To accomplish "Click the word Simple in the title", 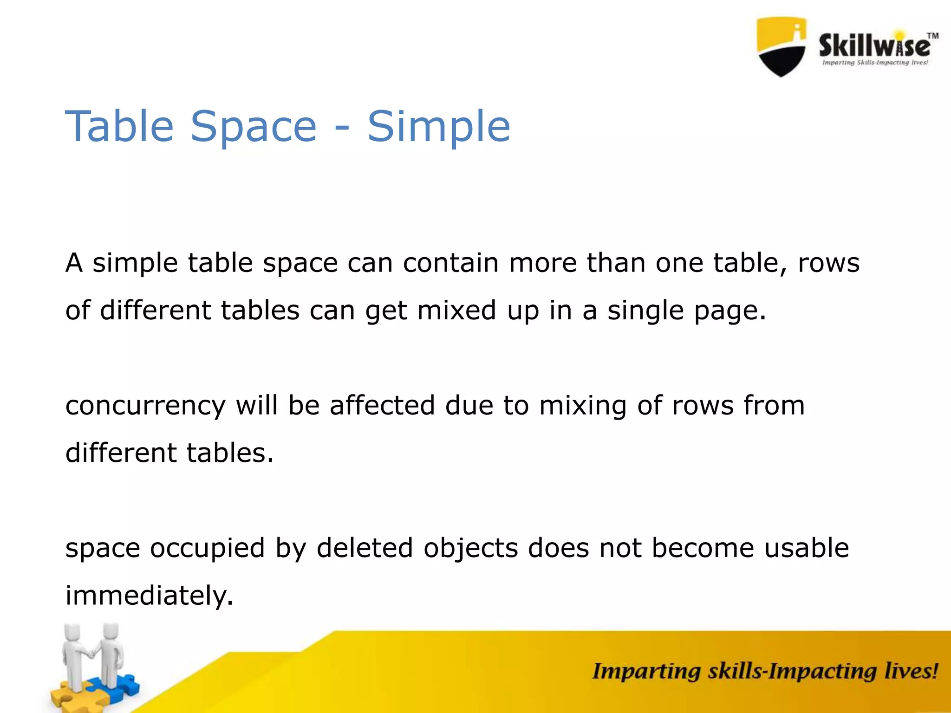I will pyautogui.click(x=439, y=126).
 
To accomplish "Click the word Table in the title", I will pyautogui.click(x=119, y=126).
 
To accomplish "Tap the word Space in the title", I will pyautogui.click(x=254, y=126).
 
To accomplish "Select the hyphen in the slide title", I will pyautogui.click(x=342, y=129).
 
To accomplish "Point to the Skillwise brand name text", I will pyautogui.click(x=874, y=45).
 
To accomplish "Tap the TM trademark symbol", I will pyautogui.click(x=932, y=36).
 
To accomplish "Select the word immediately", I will pyautogui.click(x=149, y=595).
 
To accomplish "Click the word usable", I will pyautogui.click(x=807, y=548).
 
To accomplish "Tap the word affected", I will pyautogui.click(x=382, y=405).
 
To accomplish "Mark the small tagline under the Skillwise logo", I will pyautogui.click(x=875, y=63).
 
